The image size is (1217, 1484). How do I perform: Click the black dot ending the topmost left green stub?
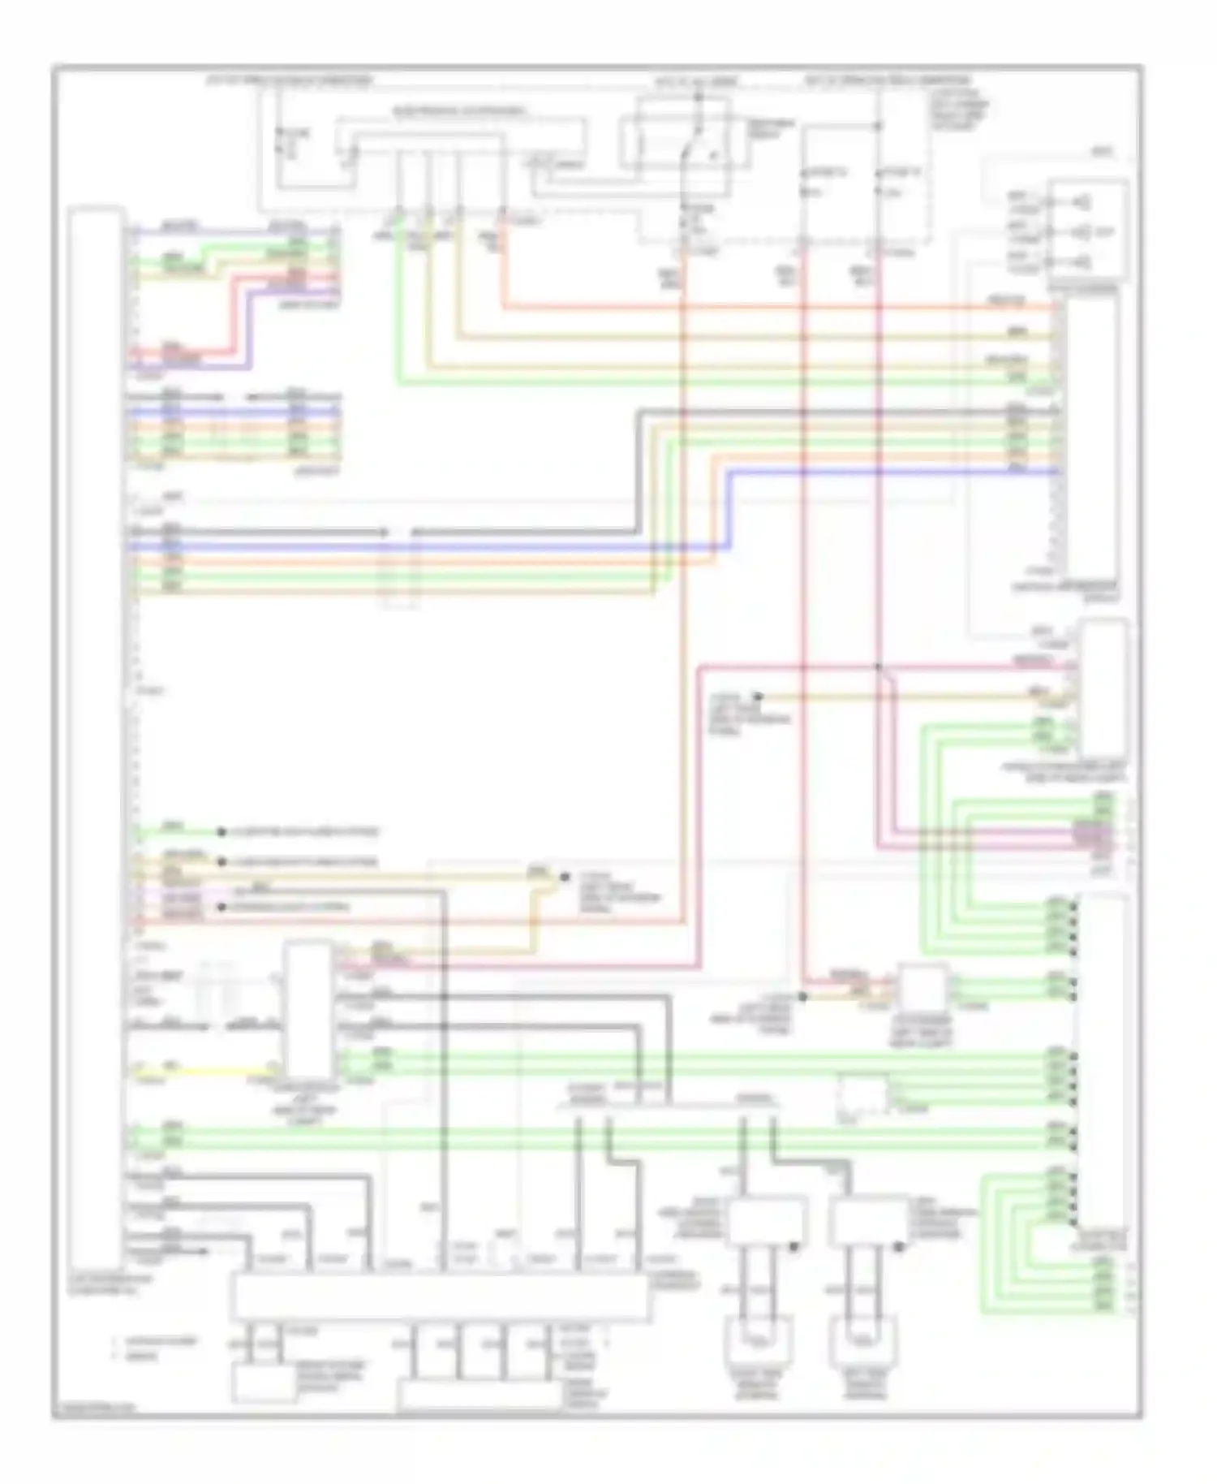coord(221,832)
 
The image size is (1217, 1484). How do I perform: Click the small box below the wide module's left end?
coord(264,1383)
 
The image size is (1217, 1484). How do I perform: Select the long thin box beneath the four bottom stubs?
coord(479,1396)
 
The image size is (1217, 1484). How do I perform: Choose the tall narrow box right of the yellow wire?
coord(308,1012)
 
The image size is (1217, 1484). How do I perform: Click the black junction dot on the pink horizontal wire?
coord(878,667)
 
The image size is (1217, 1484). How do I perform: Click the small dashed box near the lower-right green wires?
coord(863,1096)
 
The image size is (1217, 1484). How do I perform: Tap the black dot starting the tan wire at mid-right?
coord(758,697)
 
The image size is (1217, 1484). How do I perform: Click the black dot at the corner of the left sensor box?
coord(795,1245)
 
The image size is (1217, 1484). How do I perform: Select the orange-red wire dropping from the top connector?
coord(504,268)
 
